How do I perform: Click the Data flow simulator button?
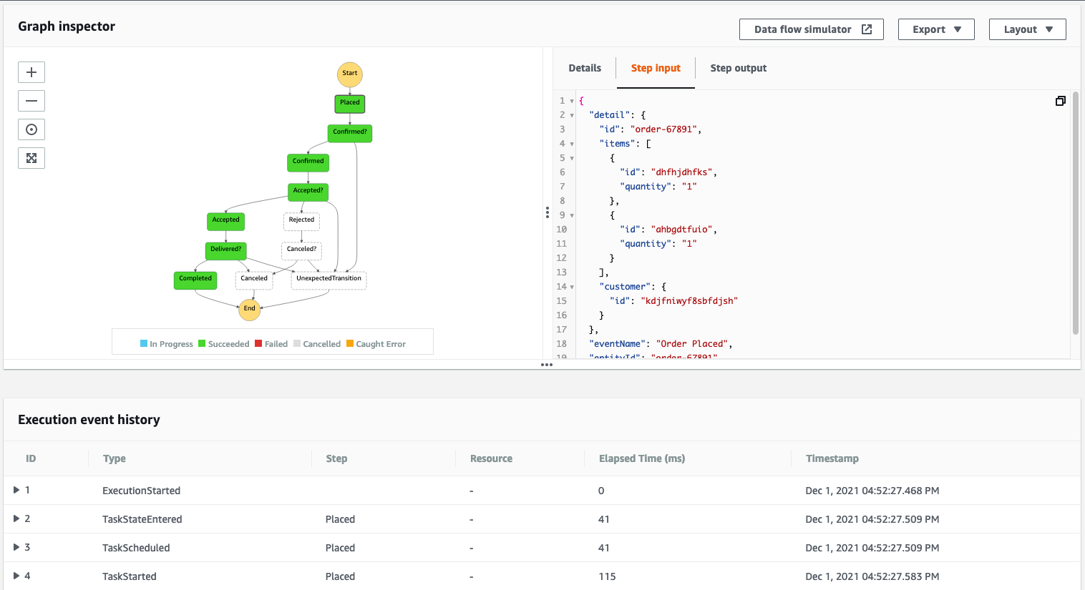click(x=811, y=29)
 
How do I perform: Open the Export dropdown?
click(x=936, y=29)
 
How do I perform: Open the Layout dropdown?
click(x=1027, y=29)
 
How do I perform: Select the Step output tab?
click(x=738, y=68)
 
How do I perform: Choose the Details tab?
click(x=585, y=68)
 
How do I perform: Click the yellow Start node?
click(x=350, y=74)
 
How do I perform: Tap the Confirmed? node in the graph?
click(x=350, y=132)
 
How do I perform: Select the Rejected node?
click(x=301, y=220)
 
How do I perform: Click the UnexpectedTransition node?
click(x=329, y=279)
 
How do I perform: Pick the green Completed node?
click(x=195, y=279)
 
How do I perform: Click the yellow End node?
click(x=249, y=309)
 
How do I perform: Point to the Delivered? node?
click(x=225, y=250)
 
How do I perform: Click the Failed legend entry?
click(x=271, y=344)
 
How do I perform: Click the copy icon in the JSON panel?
click(x=1061, y=101)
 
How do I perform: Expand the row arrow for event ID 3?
click(x=16, y=547)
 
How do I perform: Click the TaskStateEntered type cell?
click(x=142, y=519)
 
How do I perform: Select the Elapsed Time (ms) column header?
click(x=641, y=458)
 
